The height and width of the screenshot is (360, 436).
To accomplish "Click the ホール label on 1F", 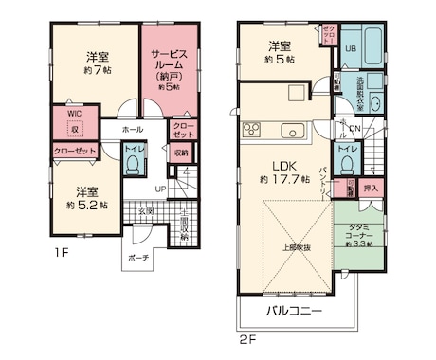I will tap(133, 130).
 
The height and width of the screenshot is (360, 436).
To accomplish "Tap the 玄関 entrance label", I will tap(145, 210).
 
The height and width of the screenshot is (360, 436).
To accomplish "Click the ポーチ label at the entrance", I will tap(138, 257).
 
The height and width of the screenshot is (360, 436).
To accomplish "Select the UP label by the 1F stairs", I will tap(160, 189).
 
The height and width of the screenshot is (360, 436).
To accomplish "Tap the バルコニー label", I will tap(293, 311).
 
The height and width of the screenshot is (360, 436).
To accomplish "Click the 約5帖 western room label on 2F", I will tap(278, 53).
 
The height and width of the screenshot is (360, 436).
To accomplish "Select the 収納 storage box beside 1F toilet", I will tap(181, 152).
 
